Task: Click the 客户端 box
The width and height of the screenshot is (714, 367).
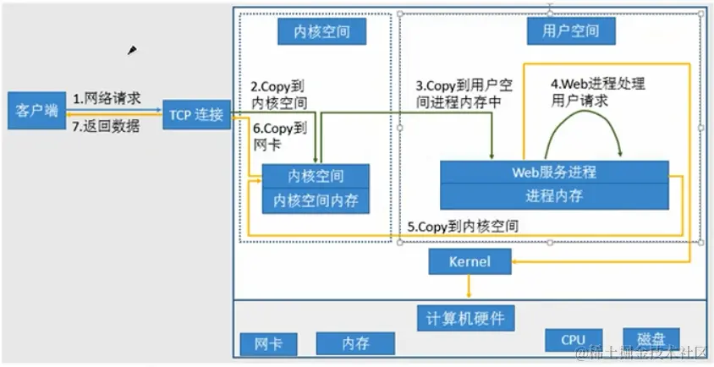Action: tap(36, 111)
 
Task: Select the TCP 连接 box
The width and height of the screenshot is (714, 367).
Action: tap(195, 114)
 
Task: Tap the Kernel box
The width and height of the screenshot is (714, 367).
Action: tap(470, 262)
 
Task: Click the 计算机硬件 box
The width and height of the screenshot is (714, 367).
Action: tap(465, 317)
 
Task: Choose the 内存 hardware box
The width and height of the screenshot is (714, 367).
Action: tap(355, 343)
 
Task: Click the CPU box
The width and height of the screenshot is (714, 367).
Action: tap(573, 340)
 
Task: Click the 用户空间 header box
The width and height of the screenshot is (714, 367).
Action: tap(574, 31)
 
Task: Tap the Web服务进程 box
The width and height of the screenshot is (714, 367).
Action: tap(554, 172)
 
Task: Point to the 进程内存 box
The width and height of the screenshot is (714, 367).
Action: tap(554, 196)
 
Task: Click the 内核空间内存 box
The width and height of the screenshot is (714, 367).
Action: tap(316, 200)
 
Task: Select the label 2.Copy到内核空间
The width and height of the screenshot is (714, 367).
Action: tap(278, 95)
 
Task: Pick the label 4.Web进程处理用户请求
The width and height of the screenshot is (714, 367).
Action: tap(597, 92)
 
